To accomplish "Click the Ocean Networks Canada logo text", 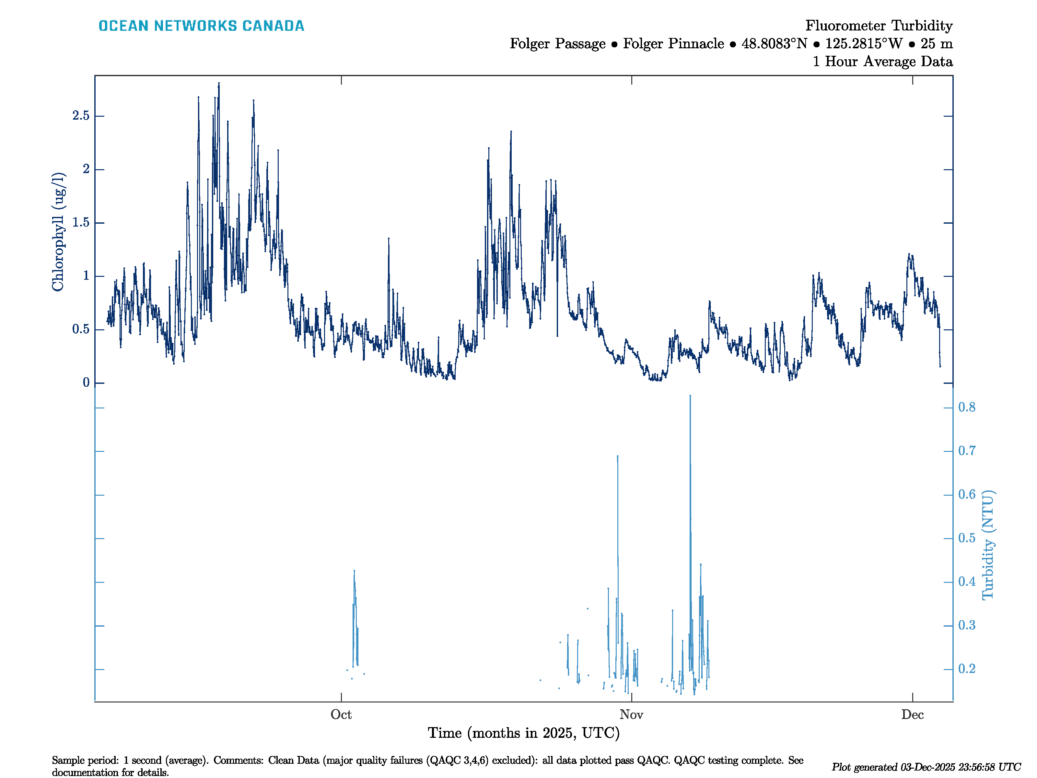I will (201, 26).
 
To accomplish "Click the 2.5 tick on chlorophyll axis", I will (81, 116).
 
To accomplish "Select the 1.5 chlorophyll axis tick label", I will (81, 223).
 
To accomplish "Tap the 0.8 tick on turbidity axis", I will (967, 407).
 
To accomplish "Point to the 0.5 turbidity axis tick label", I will (967, 538).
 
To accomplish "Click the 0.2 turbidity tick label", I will (967, 669).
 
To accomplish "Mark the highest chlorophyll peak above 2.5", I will (219, 84).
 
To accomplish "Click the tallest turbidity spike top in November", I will (690, 396).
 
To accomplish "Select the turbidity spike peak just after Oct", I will (354, 571).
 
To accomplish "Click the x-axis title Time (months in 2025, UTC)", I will (524, 733).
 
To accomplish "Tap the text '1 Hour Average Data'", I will (882, 62).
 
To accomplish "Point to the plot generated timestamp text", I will (926, 767).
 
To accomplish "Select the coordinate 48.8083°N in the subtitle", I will (775, 44).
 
